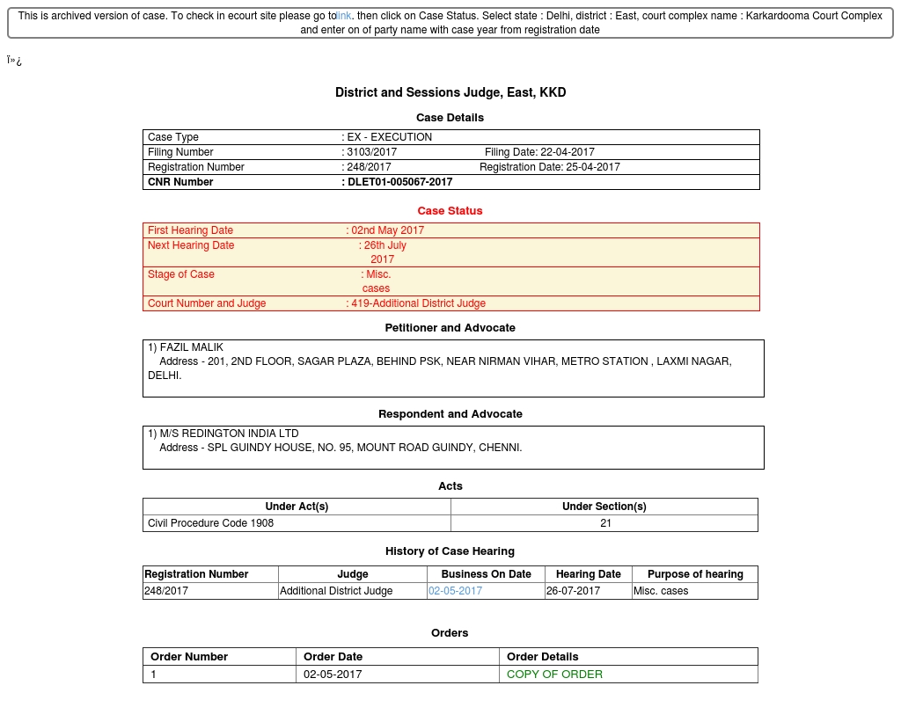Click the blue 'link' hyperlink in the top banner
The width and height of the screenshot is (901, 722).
[x=344, y=16]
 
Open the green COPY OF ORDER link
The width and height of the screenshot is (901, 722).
[x=554, y=675]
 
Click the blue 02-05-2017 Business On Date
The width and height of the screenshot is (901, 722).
[x=455, y=591]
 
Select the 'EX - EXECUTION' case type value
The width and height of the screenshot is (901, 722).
[x=389, y=137]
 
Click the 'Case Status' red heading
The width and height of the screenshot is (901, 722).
[x=450, y=211]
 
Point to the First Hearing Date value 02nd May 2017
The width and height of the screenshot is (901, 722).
[x=387, y=230]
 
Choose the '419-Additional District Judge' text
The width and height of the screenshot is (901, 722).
[x=418, y=303]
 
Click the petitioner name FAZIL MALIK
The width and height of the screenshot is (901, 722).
[x=191, y=347]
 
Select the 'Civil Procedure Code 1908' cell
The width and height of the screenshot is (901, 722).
[x=210, y=523]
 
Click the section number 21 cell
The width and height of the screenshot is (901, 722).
[x=605, y=523]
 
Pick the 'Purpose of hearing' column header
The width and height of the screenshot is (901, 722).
[x=695, y=574]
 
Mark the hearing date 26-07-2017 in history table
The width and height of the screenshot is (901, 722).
[x=573, y=591]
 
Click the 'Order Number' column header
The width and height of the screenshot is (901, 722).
[x=189, y=657]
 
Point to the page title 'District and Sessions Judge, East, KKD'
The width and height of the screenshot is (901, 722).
[x=450, y=92]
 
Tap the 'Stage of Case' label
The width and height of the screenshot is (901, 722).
[x=181, y=274]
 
